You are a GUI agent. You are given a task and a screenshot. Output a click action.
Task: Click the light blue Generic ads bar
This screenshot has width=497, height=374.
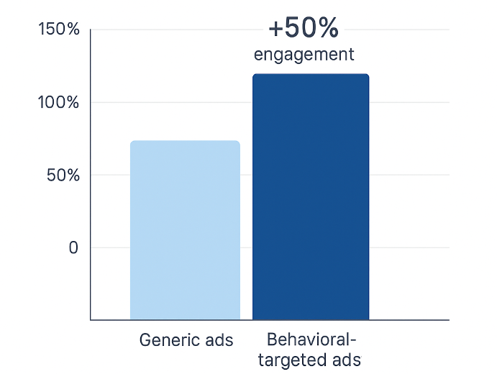pos(185,230)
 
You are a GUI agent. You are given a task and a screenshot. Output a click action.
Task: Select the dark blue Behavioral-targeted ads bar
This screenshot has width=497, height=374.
pos(311,197)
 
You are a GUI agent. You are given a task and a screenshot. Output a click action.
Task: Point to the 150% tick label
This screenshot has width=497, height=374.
pos(59,29)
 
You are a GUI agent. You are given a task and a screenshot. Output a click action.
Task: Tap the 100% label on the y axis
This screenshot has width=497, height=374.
pos(59,102)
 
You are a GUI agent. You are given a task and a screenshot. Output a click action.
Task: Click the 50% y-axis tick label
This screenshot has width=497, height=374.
pos(63,175)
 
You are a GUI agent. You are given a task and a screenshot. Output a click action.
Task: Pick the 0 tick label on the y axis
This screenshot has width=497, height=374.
pos(73,247)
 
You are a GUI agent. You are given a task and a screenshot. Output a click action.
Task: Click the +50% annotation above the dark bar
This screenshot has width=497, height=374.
pos(303,29)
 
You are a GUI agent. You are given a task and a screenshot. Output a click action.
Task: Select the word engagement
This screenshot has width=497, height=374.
pos(304,54)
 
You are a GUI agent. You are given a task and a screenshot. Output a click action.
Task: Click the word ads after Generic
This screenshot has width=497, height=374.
pos(218,339)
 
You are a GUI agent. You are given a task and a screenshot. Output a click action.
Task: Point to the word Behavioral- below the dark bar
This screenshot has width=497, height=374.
pos(311,339)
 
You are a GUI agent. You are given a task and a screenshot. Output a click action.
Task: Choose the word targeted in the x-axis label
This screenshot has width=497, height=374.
pos(294,359)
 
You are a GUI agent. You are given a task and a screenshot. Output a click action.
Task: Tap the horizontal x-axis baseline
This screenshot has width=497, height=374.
pos(410,319)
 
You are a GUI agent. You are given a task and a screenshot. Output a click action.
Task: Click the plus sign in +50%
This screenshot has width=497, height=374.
pos(276,29)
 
